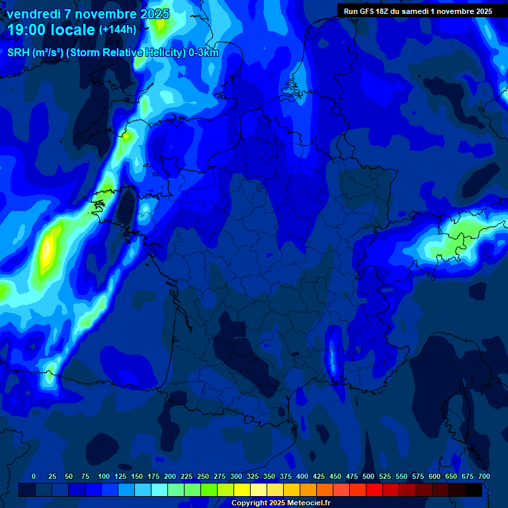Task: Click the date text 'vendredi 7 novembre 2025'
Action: click(87, 14)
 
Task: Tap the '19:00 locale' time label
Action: click(52, 30)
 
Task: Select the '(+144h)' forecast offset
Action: click(117, 30)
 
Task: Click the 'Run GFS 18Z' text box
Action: click(417, 11)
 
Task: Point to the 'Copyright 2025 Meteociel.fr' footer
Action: click(280, 503)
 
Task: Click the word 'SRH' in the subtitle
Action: click(18, 53)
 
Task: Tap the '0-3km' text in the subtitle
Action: click(203, 53)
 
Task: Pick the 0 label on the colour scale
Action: click(34, 476)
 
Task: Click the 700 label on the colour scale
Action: click(484, 476)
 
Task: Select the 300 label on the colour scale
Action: click(236, 476)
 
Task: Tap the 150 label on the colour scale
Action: click(137, 476)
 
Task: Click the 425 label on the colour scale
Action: click(319, 476)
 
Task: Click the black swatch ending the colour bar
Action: click(474, 489)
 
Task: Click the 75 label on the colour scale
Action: click(85, 476)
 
